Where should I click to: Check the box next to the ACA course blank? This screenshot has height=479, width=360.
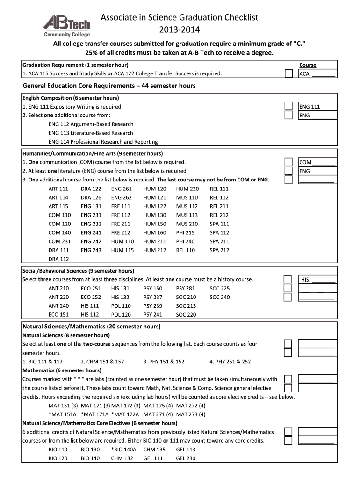[x=289, y=73]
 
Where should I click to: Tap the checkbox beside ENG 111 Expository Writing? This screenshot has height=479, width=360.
[x=289, y=107]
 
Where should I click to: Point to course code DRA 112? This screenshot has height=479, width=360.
[x=58, y=259]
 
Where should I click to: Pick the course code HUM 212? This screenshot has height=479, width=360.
[x=155, y=250]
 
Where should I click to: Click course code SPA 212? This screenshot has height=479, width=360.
[x=219, y=250]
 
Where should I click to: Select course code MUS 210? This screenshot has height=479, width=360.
[x=187, y=224]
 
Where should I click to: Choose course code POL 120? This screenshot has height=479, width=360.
[x=121, y=315]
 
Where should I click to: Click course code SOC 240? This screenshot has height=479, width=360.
[x=220, y=297]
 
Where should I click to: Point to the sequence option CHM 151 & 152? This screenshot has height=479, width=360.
[x=102, y=362]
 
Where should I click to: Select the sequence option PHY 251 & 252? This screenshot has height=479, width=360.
[x=230, y=362]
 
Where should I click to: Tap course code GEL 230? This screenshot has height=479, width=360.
[x=186, y=459]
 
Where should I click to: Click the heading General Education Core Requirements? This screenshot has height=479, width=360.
[x=109, y=86]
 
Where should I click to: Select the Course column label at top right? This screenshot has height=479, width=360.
[x=308, y=65]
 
